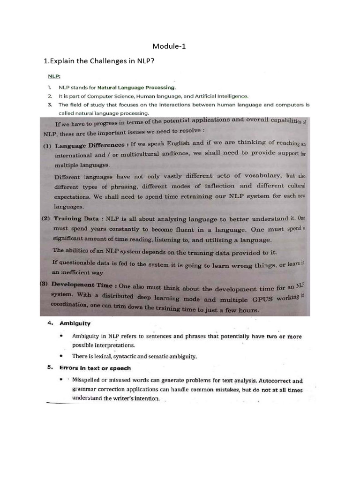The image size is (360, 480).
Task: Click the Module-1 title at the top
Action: (x=169, y=46)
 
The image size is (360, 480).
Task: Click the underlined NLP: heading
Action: (x=54, y=75)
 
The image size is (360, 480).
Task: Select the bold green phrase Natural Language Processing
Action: (x=137, y=87)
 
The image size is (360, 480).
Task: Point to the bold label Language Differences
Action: (x=89, y=144)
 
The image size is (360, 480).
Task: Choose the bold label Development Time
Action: (x=82, y=285)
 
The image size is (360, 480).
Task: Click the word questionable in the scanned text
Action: (x=80, y=262)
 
